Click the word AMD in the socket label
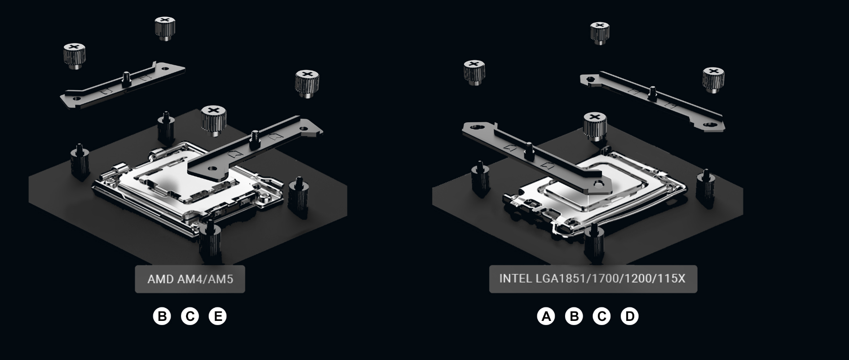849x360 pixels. tap(161, 279)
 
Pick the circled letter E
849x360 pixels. tap(218, 316)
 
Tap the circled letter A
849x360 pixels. tap(546, 316)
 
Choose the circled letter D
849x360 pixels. tap(629, 316)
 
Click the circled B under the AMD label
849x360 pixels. tap(162, 316)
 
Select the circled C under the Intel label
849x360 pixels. tap(601, 316)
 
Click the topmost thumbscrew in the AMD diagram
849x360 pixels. tap(165, 28)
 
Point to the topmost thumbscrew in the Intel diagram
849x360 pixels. tap(600, 33)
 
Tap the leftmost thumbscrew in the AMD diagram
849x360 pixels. tap(75, 56)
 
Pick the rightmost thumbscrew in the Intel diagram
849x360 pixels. tap(713, 80)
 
